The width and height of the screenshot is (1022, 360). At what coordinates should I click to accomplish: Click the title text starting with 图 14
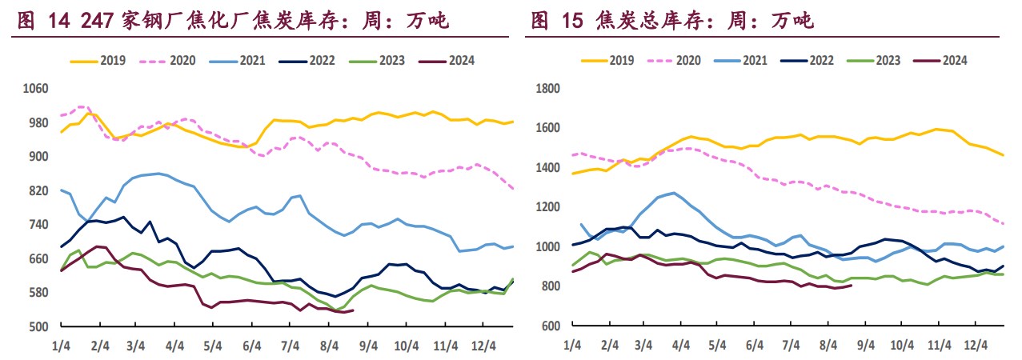[x=233, y=22]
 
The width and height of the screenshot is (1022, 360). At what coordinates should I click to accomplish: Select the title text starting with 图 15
[x=671, y=22]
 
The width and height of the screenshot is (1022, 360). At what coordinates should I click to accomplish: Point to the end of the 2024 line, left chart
[x=353, y=310]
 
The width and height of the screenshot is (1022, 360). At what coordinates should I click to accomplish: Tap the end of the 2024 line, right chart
[x=850, y=286]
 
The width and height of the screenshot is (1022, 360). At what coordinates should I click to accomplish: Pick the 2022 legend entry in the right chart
[x=821, y=60]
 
